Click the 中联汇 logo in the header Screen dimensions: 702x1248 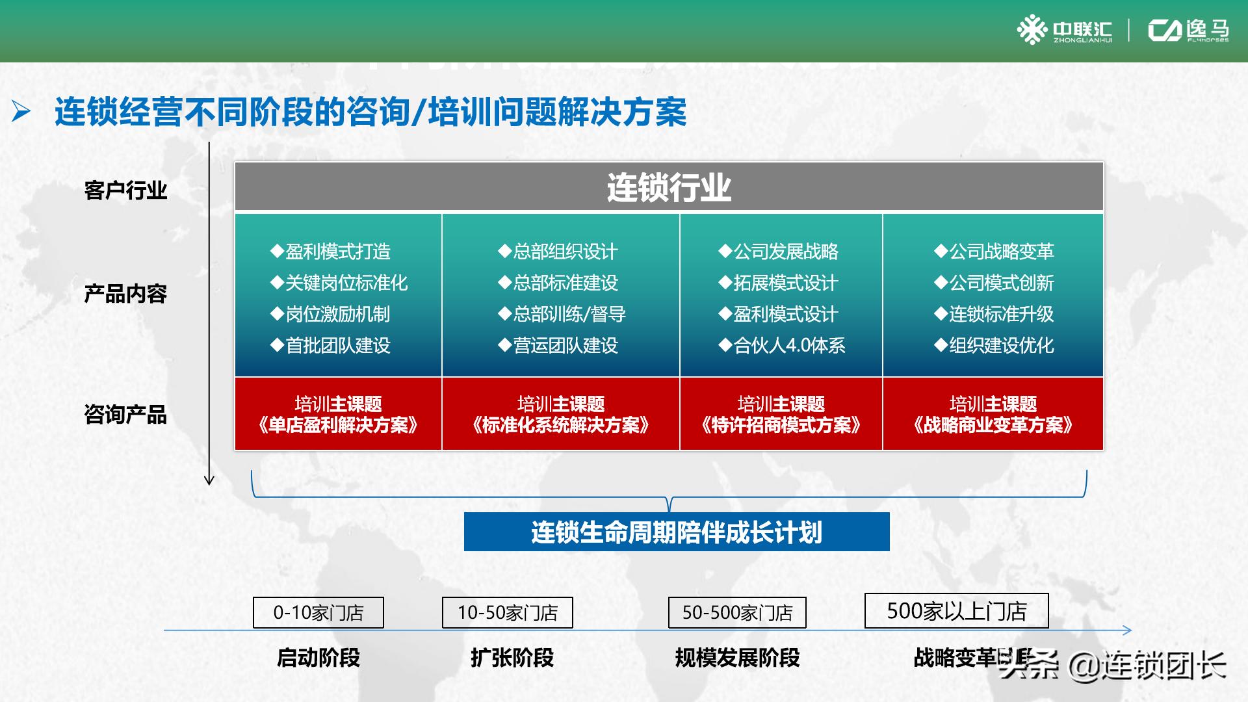pyautogui.click(x=1065, y=31)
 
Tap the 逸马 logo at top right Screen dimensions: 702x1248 pyautogui.click(x=1189, y=31)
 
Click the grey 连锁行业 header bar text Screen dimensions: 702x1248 pyautogui.click(x=669, y=188)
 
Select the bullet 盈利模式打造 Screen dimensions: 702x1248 pyautogui.click(x=331, y=252)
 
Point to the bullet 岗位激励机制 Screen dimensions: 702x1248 pyautogui.click(x=331, y=314)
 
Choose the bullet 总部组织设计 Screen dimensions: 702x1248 pyautogui.click(x=558, y=252)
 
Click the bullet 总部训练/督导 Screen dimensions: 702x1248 pyautogui.click(x=562, y=314)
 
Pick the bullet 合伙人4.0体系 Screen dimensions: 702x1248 pyautogui.click(x=782, y=345)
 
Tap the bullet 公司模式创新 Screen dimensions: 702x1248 pyautogui.click(x=994, y=283)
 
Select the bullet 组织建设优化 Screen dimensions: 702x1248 pyautogui.click(x=994, y=345)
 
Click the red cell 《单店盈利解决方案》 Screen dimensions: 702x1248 pyautogui.click(x=338, y=415)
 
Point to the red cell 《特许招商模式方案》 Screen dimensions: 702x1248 pyautogui.click(x=781, y=415)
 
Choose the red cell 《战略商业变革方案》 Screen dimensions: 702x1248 pyautogui.click(x=993, y=415)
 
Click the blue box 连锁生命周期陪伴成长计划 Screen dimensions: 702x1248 pyautogui.click(x=677, y=532)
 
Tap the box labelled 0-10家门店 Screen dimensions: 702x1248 pyautogui.click(x=318, y=612)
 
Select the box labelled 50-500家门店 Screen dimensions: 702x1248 pyautogui.click(x=737, y=612)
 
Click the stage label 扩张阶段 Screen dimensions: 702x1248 pyautogui.click(x=512, y=658)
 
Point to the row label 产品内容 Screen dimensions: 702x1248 pyautogui.click(x=125, y=294)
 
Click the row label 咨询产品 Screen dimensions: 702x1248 pyautogui.click(x=125, y=414)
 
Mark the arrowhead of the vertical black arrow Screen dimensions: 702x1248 pyautogui.click(x=209, y=481)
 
